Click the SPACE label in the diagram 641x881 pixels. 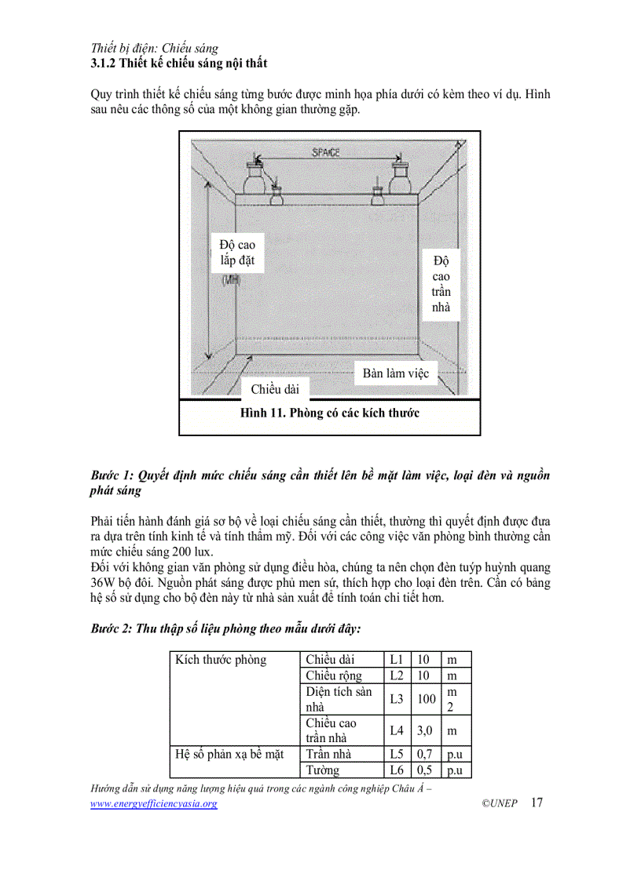coord(325,152)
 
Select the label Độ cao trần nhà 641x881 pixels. coord(441,283)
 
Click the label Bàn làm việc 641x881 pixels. coord(395,373)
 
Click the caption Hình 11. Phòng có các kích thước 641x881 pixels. coord(330,413)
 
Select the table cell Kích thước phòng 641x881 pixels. coord(222,660)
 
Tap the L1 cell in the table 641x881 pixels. coord(397,660)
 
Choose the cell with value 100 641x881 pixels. coord(427,699)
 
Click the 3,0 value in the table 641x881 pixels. coord(426,730)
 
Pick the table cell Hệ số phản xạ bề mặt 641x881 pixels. coord(229,755)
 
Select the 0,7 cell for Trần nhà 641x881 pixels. coord(426,755)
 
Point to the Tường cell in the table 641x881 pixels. coord(323,770)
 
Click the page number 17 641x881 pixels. coord(537,803)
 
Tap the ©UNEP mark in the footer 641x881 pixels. coord(500,804)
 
